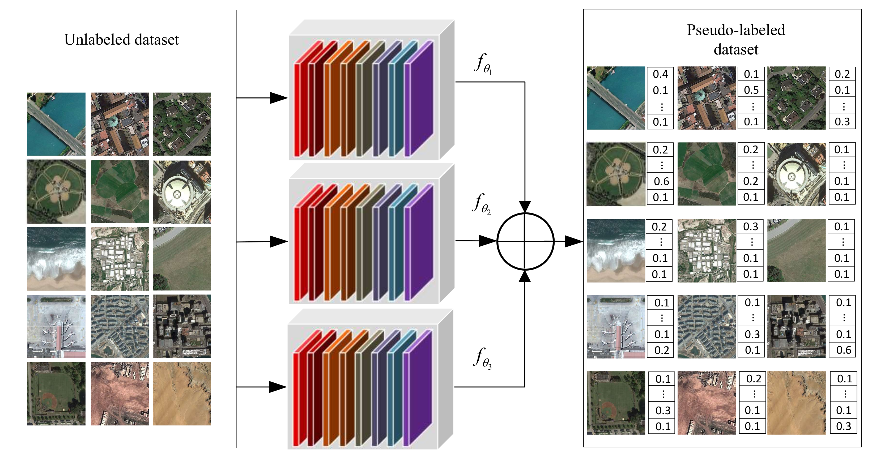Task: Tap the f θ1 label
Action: point(483,64)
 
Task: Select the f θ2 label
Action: point(481,204)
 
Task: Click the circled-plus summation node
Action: point(525,241)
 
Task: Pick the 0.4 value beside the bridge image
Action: point(660,74)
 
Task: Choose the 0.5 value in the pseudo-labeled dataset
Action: point(751,90)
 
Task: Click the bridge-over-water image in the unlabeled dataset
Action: point(56,124)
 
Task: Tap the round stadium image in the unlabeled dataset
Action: point(182,192)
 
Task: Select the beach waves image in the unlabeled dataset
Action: point(56,259)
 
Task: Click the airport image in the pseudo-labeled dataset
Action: point(616,327)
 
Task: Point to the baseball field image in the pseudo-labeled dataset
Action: point(616,403)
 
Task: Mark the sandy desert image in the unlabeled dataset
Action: point(182,394)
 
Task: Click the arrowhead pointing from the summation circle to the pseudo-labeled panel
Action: point(574,241)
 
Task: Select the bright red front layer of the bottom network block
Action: point(296,399)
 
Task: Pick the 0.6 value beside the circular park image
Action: point(661,181)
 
